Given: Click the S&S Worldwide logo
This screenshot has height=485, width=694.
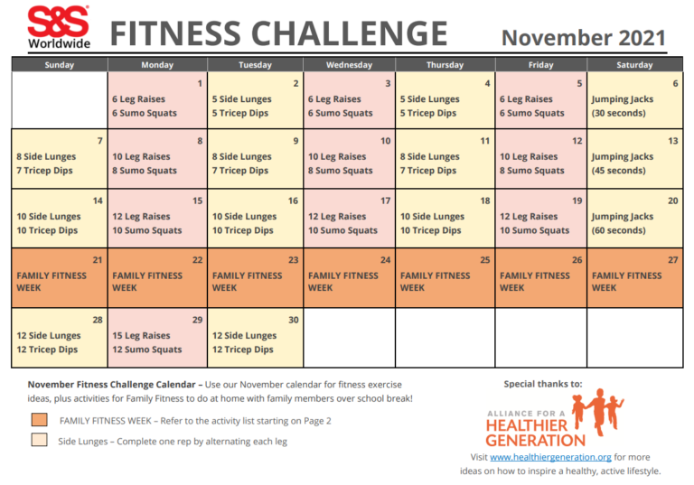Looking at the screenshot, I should pos(58,27).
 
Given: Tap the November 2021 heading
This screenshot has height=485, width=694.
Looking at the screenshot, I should pos(584,38).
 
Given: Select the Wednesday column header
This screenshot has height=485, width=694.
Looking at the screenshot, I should pos(349,65).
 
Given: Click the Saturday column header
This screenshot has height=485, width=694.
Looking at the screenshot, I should pos(634,65).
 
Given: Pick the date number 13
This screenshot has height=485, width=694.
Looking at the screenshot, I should pos(672,142).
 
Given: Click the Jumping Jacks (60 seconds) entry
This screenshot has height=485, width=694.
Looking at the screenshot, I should pos(623,223).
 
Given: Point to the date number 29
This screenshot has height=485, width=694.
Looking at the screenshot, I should pos(197,321).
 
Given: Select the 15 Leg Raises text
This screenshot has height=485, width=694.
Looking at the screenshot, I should pos(141,335).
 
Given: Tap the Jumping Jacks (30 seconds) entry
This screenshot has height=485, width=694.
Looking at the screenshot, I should pos(623,107).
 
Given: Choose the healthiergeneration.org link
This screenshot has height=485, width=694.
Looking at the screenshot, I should pos(550,457).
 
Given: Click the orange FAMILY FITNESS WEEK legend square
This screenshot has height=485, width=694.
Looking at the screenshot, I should pos(38,420).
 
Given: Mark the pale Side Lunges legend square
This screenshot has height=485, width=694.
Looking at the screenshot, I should pos(38,441).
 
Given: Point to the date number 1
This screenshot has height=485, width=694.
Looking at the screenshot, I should pos(200,84).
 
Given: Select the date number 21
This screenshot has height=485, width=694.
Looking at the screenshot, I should pos(98,260).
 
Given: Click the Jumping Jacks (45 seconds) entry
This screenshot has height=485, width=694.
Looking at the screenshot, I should pos(623,163).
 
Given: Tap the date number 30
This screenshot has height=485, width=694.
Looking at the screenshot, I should pos(292,321).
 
